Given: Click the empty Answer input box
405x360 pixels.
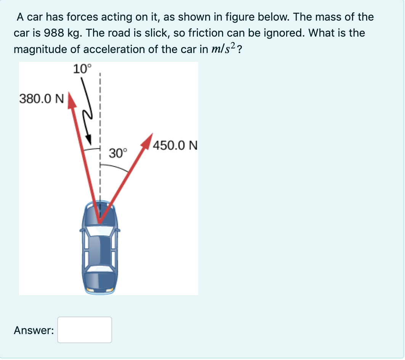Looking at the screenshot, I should click(85, 330).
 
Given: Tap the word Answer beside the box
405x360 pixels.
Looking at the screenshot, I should click(34, 330).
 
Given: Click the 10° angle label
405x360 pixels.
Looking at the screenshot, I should click(82, 69).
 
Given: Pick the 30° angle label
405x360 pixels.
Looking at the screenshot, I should click(117, 154).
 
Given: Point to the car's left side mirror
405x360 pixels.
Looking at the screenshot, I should click(81, 230).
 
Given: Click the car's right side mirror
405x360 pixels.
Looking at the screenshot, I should click(119, 230).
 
